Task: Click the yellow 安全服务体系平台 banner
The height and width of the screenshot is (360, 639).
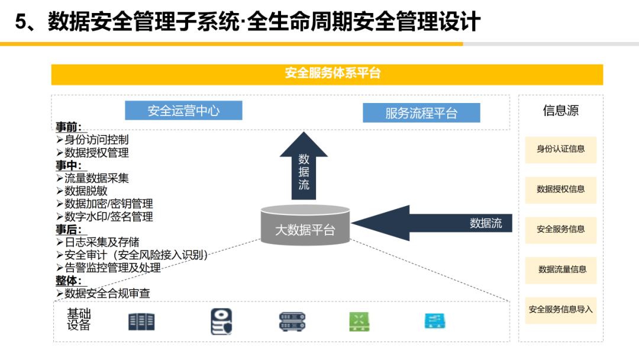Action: click(x=327, y=74)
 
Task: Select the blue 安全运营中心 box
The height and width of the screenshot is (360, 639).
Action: click(x=183, y=111)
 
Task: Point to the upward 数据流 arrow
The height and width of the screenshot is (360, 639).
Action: click(x=304, y=168)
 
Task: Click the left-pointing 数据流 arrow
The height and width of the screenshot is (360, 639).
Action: click(x=432, y=223)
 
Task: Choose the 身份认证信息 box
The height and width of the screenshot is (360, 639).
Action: click(x=560, y=149)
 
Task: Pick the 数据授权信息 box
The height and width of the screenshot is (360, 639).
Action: click(x=560, y=189)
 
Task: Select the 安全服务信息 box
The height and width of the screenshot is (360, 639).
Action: click(x=560, y=229)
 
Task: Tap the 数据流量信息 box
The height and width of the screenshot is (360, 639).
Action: click(x=560, y=269)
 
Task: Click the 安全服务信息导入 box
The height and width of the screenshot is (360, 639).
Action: click(x=560, y=310)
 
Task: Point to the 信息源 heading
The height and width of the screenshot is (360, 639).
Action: click(x=560, y=111)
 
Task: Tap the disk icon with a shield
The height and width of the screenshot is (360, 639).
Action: click(x=221, y=322)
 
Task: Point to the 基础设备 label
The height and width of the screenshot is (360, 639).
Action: click(x=79, y=319)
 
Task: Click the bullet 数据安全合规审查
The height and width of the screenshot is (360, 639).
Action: click(x=107, y=293)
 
